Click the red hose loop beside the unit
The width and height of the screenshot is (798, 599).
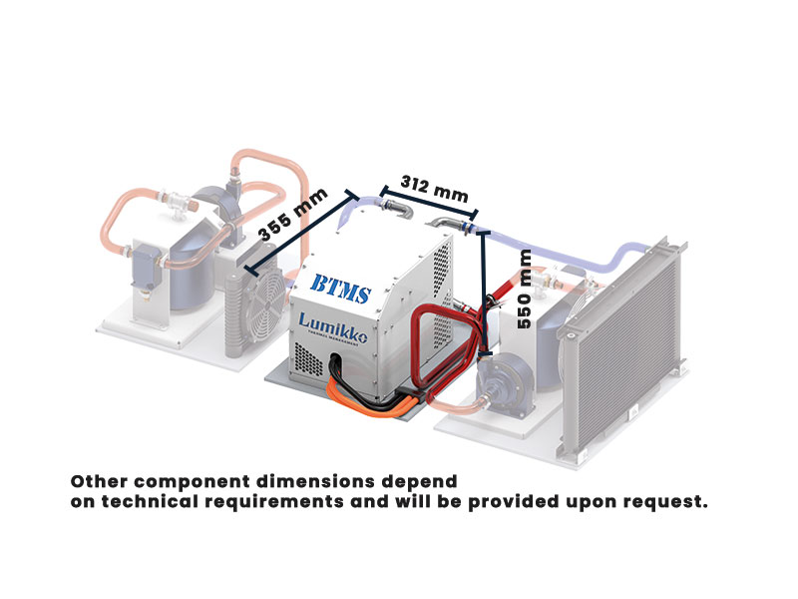pyautogui.click(x=436, y=344)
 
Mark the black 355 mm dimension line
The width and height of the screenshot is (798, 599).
pyautogui.click(x=299, y=233)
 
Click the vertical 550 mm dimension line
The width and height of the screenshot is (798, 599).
pyautogui.click(x=485, y=290)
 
